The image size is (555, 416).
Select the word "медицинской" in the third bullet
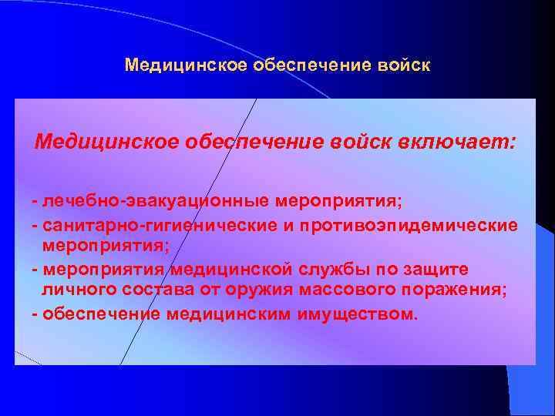(230, 270)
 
